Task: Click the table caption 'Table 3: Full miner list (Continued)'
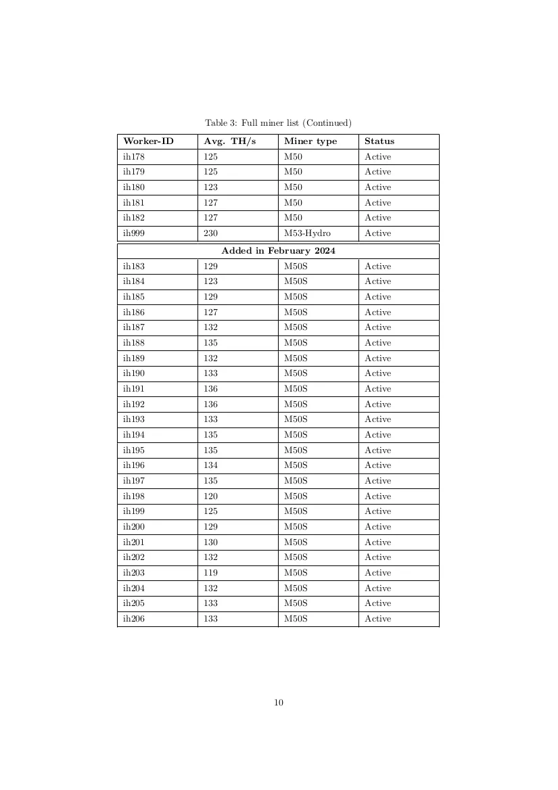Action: (278, 122)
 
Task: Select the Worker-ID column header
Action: (148, 141)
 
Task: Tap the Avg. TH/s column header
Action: (230, 141)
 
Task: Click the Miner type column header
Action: (310, 141)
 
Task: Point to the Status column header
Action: (379, 141)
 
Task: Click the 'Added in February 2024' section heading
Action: (278, 250)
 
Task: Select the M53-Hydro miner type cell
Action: (307, 233)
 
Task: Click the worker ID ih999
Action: (134, 233)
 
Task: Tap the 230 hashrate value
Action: (210, 233)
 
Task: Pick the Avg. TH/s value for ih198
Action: (210, 496)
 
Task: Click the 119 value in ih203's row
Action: (210, 573)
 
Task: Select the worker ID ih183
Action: (134, 266)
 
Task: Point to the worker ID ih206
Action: (134, 619)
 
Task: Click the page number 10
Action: (279, 703)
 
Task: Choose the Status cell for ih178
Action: (377, 157)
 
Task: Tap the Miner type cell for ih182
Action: (293, 218)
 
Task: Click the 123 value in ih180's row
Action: (210, 187)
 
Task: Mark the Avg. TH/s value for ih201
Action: (210, 542)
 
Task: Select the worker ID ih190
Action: (134, 373)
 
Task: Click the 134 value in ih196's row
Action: (210, 465)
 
